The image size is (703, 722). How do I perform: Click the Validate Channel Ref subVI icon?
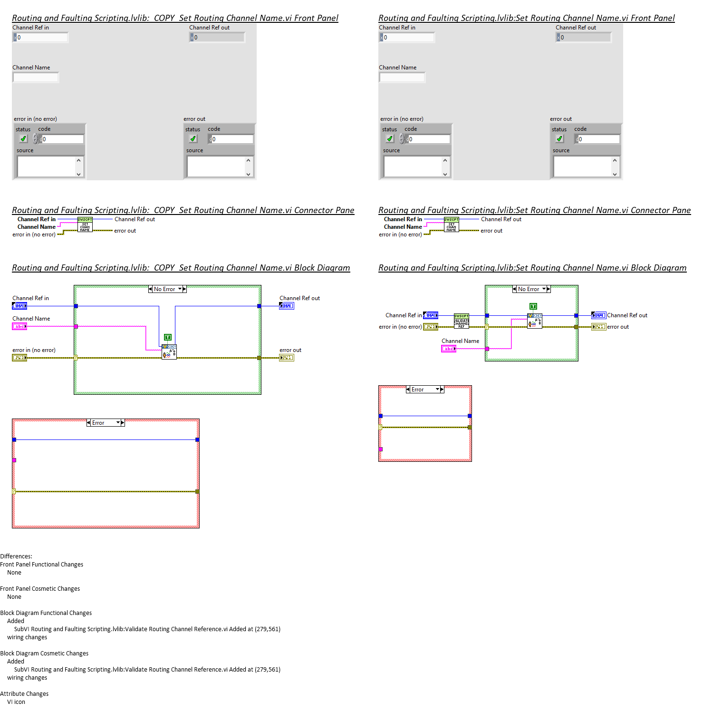click(461, 321)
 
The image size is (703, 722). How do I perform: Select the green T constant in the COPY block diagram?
click(167, 337)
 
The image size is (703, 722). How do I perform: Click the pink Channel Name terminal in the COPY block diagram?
click(19, 326)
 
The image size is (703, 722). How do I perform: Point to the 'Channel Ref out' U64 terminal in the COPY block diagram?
click(287, 306)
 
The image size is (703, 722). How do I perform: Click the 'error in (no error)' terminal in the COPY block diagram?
click(19, 358)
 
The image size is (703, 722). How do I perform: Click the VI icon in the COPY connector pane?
click(85, 225)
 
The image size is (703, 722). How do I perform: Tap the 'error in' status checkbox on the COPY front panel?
click(23, 139)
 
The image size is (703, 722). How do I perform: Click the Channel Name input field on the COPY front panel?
click(36, 77)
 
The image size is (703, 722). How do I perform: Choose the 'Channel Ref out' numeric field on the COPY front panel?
click(219, 38)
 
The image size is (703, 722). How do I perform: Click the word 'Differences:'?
click(16, 556)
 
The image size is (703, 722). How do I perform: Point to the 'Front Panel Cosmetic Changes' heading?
click(40, 589)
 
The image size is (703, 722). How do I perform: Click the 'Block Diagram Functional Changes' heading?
click(46, 613)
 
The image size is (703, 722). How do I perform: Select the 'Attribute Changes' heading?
click(24, 694)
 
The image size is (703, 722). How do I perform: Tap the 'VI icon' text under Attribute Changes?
click(16, 702)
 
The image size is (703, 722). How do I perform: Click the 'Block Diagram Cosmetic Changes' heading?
click(44, 654)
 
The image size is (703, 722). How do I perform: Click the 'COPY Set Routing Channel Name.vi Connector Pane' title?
click(183, 210)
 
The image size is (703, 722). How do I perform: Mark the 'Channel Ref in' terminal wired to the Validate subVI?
click(431, 315)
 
